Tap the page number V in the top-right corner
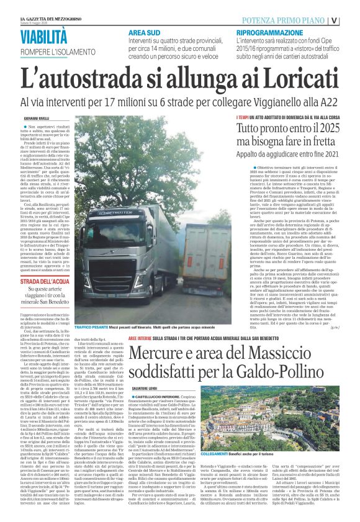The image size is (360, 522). click(x=352, y=19)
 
